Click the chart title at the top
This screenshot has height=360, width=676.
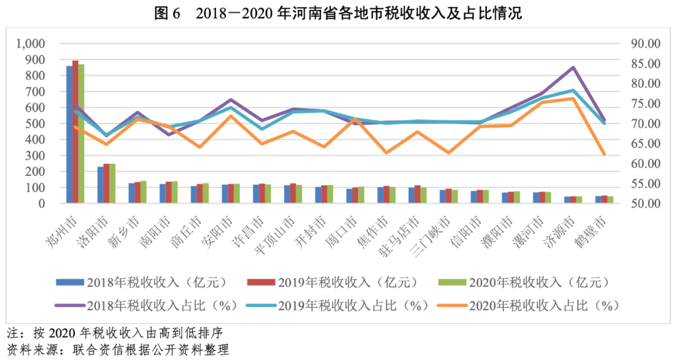click(x=338, y=13)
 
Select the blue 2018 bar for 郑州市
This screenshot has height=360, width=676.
click(x=69, y=134)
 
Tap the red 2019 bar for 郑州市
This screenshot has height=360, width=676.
click(x=75, y=131)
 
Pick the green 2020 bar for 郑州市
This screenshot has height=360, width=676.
click(x=81, y=133)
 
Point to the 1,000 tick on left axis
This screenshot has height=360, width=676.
click(x=32, y=44)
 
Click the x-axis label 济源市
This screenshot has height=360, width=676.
click(x=562, y=230)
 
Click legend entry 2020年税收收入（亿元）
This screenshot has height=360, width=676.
click(x=539, y=282)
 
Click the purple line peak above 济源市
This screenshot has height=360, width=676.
click(x=573, y=67)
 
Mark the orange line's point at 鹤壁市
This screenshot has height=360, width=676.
click(x=604, y=154)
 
